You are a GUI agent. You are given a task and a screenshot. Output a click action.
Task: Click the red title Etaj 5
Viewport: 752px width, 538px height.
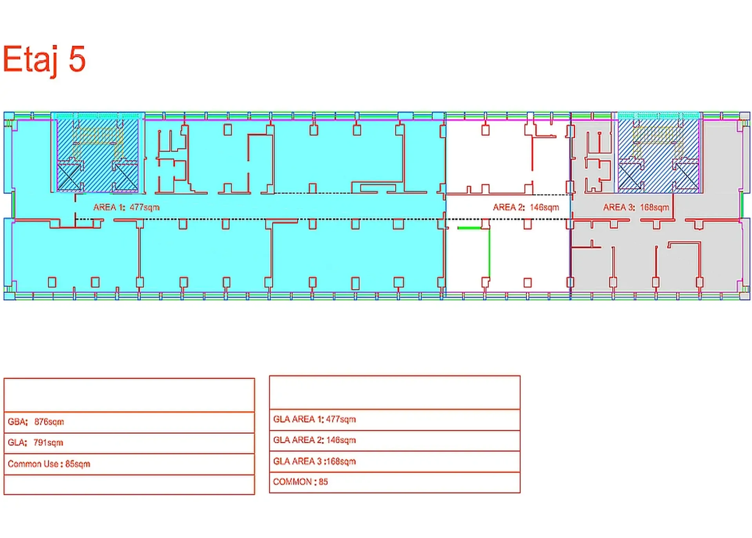pyautogui.click(x=44, y=59)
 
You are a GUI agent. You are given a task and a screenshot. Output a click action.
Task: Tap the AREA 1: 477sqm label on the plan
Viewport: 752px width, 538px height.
pyautogui.click(x=126, y=207)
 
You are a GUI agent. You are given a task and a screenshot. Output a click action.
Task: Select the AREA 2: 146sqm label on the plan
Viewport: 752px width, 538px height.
pyautogui.click(x=525, y=207)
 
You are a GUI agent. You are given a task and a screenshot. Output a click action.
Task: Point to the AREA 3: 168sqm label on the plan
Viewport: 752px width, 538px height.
pyautogui.click(x=636, y=207)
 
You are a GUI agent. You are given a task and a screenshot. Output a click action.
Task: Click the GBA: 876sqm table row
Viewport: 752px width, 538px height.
pyautogui.click(x=129, y=422)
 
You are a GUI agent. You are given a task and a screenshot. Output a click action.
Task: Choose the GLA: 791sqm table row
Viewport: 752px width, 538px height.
pyautogui.click(x=129, y=443)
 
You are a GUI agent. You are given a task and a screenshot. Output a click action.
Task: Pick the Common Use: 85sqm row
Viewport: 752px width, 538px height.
pyautogui.click(x=129, y=464)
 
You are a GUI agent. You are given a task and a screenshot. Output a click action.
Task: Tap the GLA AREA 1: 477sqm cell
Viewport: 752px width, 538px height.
pyautogui.click(x=394, y=419)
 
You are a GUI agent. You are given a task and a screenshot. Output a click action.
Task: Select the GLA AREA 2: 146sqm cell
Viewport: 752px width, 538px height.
pyautogui.click(x=394, y=440)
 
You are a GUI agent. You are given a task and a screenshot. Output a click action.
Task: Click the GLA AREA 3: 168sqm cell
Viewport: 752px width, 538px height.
pyautogui.click(x=394, y=461)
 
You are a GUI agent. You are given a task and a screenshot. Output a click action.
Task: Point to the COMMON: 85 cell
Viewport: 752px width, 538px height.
pyautogui.click(x=394, y=482)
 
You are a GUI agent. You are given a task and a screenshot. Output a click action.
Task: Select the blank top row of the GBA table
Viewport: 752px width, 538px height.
pyautogui.click(x=129, y=395)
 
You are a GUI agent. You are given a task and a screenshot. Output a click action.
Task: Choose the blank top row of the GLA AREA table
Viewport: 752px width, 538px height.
pyautogui.click(x=394, y=393)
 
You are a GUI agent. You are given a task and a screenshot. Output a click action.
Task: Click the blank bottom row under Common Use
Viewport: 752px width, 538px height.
pyautogui.click(x=129, y=485)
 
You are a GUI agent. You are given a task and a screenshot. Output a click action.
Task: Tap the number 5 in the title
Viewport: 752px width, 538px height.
pyautogui.click(x=77, y=59)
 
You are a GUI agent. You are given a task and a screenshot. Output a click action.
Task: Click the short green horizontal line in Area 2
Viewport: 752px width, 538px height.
pyautogui.click(x=469, y=228)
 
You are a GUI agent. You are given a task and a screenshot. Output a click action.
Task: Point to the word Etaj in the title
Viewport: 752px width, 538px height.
pyautogui.click(x=31, y=59)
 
